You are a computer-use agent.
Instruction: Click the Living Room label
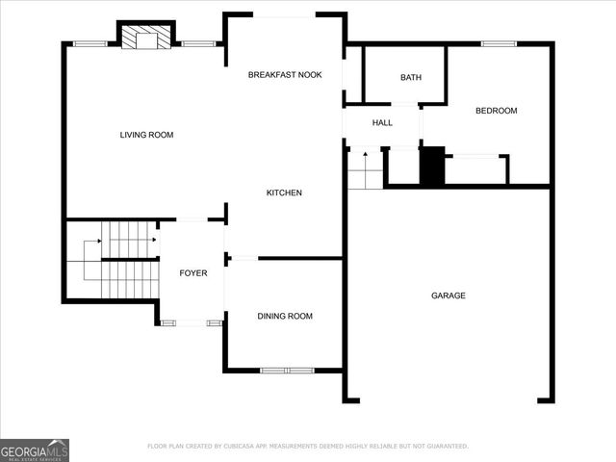pos(146,135)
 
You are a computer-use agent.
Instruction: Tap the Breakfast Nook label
pos(284,75)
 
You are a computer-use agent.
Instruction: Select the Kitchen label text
pos(284,192)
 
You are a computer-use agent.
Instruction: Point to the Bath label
pos(411,78)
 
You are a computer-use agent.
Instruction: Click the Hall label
pos(382,122)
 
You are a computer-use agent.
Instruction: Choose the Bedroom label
pos(496,111)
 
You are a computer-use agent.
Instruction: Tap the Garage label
pos(448,295)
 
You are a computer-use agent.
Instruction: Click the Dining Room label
pos(284,316)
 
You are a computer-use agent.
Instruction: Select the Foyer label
pos(193,273)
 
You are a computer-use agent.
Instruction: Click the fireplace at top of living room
pos(146,38)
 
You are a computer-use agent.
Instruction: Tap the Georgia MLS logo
pos(34,449)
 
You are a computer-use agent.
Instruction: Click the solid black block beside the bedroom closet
pos(432,167)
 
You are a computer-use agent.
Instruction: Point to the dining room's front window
pos(287,370)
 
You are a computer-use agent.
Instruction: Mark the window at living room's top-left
pos(90,43)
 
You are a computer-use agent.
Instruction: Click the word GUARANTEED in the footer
pos(447,446)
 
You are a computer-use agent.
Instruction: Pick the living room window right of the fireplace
pos(198,43)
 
